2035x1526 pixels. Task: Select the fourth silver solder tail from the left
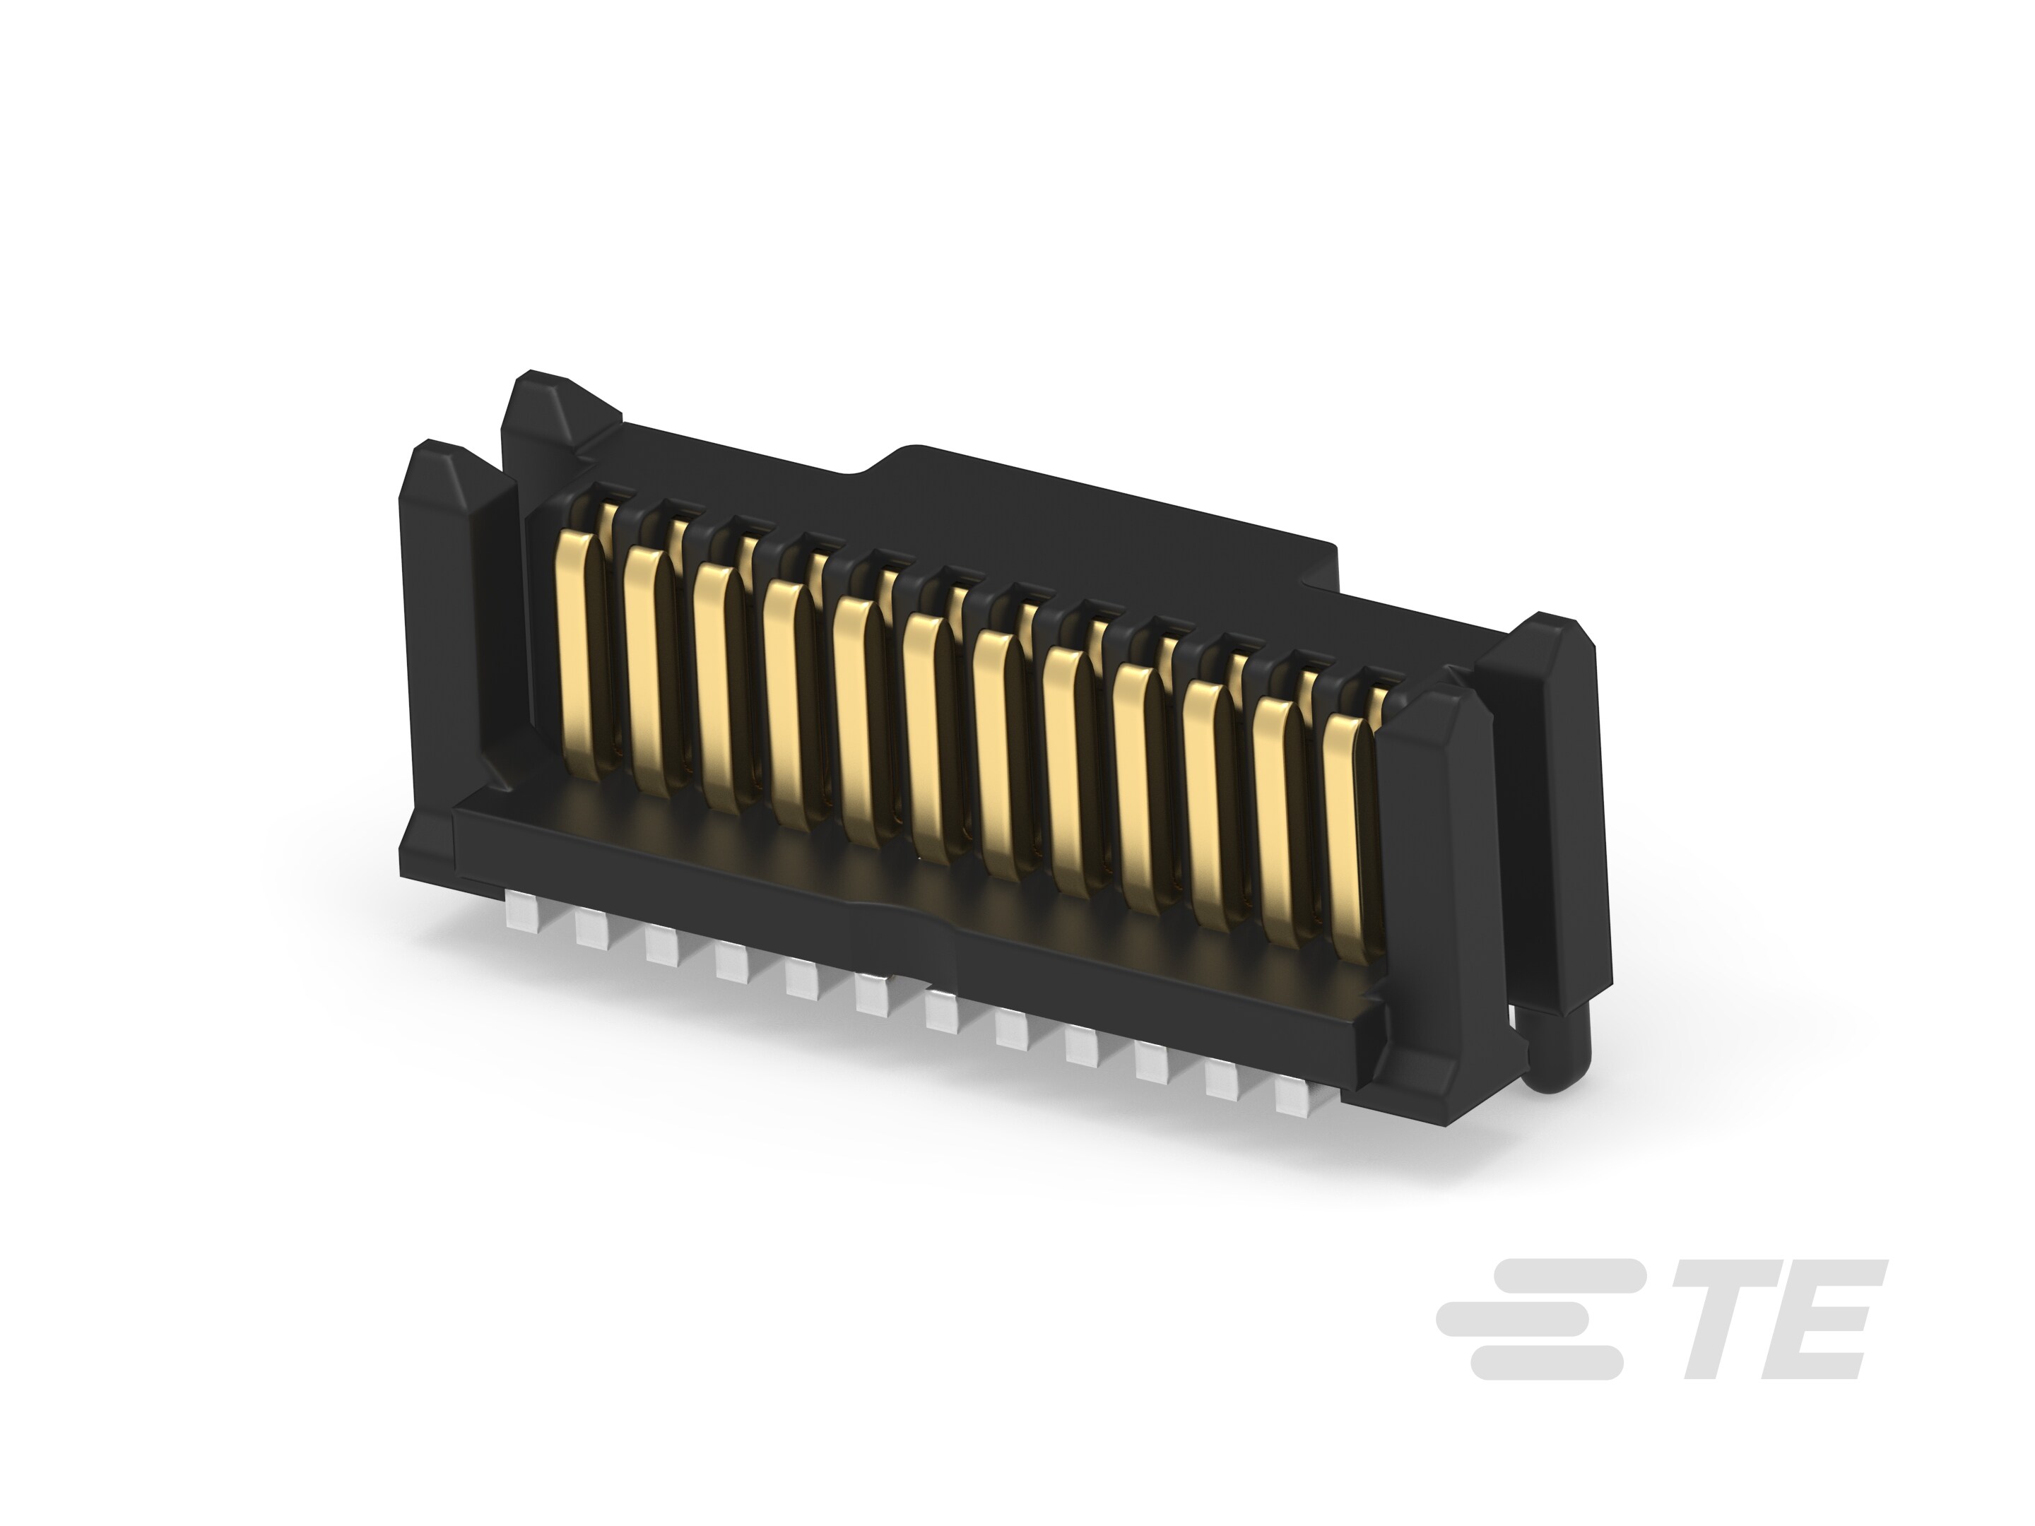(x=731, y=962)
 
